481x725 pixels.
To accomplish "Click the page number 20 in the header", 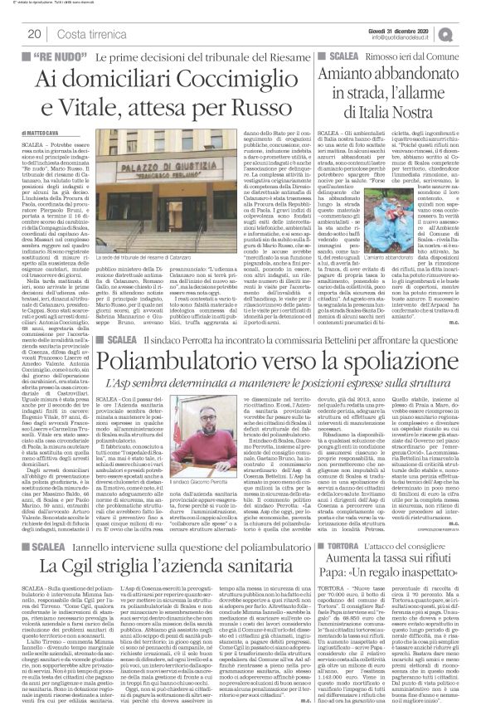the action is click(x=35, y=33).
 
